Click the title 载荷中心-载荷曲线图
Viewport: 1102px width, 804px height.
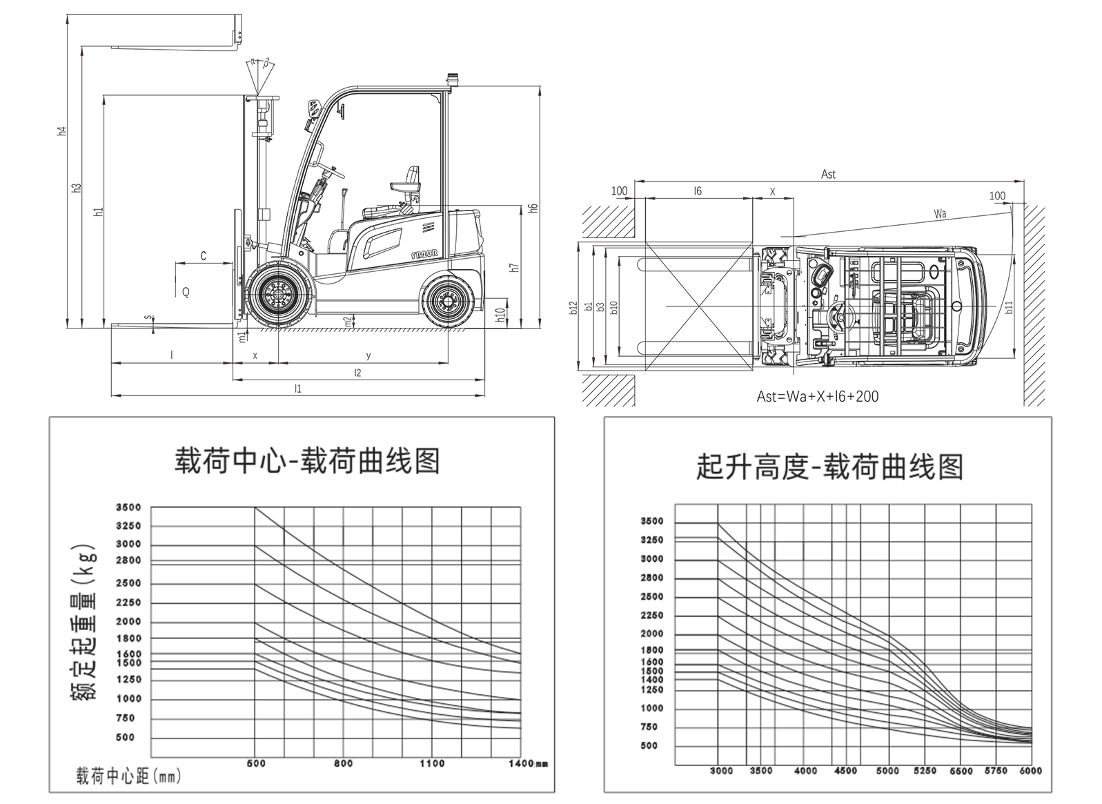(x=307, y=461)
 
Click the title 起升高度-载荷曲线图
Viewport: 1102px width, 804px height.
(x=829, y=467)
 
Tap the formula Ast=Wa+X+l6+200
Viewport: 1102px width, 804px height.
(x=818, y=397)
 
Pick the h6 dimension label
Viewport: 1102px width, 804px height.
(x=532, y=207)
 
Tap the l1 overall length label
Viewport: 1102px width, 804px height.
(x=298, y=389)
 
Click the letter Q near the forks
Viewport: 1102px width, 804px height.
(x=186, y=293)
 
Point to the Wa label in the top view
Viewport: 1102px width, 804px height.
(x=940, y=214)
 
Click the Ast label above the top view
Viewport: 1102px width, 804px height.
(x=828, y=175)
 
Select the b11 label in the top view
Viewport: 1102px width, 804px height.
(x=1009, y=307)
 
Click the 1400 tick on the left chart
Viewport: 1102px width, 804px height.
(x=522, y=763)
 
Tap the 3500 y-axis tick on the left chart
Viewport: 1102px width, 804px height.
(x=128, y=507)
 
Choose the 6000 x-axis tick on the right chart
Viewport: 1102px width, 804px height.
(x=1030, y=771)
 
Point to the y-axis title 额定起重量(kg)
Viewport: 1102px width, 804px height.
(x=85, y=624)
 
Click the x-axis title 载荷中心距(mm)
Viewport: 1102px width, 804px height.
(x=128, y=776)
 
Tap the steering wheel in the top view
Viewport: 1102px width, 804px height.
(x=836, y=316)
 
